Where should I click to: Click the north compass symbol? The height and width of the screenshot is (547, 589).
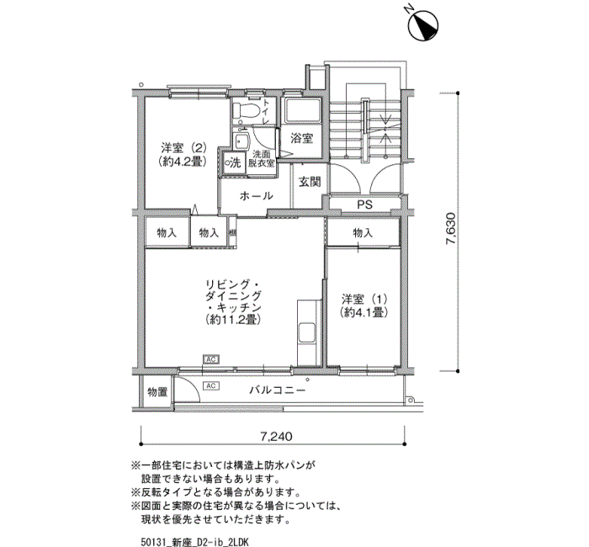[x=423, y=25]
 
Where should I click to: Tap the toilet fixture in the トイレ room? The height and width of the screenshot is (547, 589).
[x=246, y=110]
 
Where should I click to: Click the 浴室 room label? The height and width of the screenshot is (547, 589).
[x=301, y=138]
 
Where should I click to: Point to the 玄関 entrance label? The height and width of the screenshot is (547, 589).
[x=310, y=182]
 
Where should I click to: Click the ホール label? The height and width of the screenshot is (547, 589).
[x=256, y=196]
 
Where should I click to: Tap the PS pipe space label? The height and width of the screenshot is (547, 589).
[x=364, y=204]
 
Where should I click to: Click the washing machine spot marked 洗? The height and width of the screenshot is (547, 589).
[x=233, y=162]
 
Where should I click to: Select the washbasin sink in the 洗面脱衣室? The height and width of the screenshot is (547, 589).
[x=241, y=141]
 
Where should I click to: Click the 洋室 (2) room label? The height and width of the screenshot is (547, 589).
[x=183, y=155]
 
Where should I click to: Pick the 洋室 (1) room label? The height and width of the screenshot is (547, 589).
[x=363, y=305]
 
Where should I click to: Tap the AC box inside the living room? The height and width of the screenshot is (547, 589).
[x=211, y=359]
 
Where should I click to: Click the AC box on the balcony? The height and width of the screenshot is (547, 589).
[x=211, y=385]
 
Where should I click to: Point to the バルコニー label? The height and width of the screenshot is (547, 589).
[x=277, y=390]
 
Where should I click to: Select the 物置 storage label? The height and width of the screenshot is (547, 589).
[x=157, y=392]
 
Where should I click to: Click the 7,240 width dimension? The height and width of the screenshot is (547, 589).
[x=276, y=437]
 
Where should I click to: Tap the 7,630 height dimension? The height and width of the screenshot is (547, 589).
[x=450, y=229]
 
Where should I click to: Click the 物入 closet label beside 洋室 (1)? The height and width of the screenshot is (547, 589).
[x=363, y=233]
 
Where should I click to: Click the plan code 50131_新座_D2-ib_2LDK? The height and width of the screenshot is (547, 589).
[x=195, y=542]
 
